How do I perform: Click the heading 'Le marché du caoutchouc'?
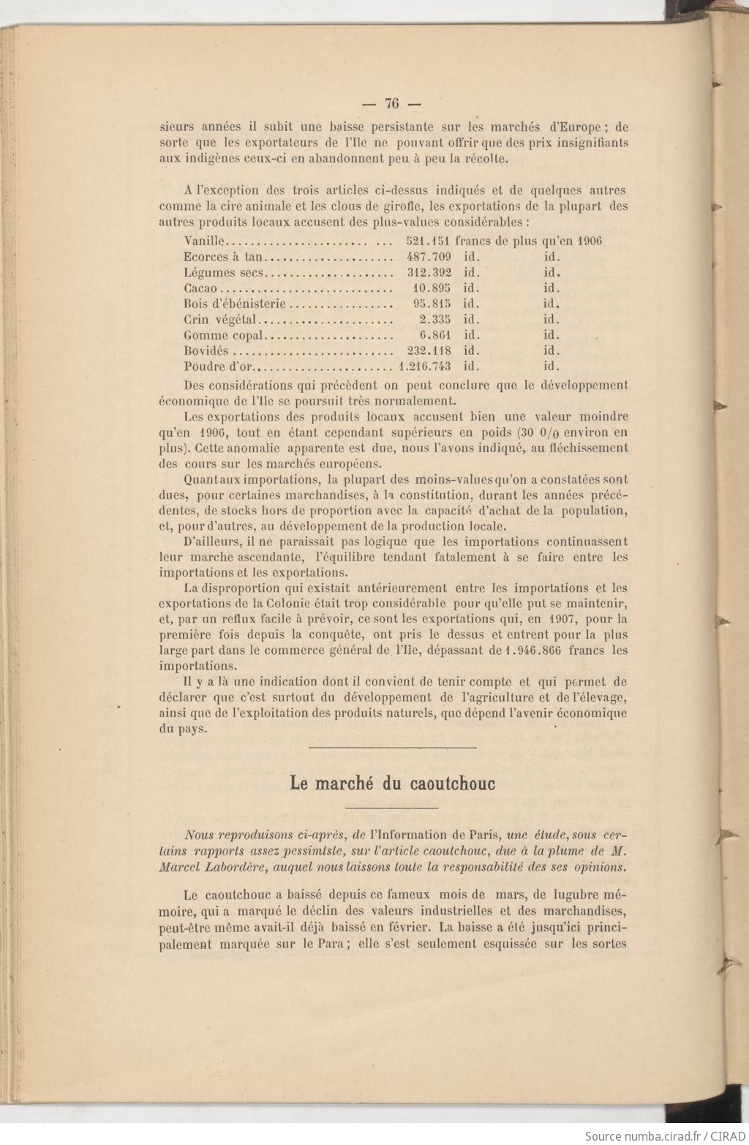pos(393,784)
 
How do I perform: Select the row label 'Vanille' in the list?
pos(206,241)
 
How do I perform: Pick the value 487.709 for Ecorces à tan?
pos(428,257)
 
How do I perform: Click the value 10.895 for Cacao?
pos(432,288)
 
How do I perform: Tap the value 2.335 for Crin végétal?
pos(434,320)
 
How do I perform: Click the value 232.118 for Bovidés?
pos(428,351)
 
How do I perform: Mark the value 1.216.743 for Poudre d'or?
pos(424,367)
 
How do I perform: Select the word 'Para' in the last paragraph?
pos(320,943)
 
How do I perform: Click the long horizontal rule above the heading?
pos(393,748)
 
